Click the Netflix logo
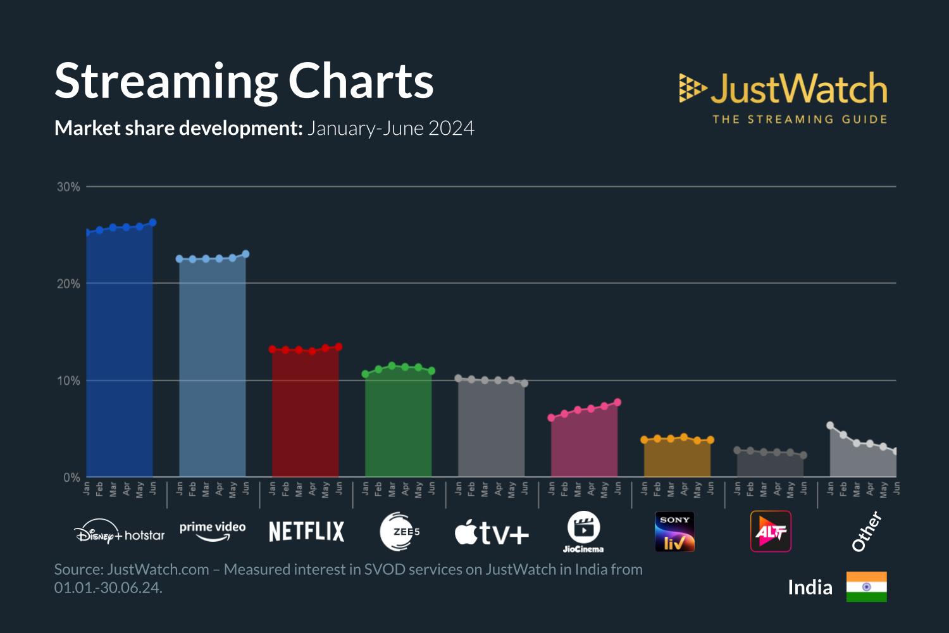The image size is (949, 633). point(307,532)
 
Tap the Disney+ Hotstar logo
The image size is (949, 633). point(120,532)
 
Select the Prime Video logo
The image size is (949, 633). point(213,530)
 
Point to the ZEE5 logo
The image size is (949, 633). point(399,532)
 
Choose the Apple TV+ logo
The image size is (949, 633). point(492,533)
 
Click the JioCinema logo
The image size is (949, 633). point(583,532)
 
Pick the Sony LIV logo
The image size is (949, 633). point(674,532)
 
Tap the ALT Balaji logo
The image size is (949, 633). point(771,532)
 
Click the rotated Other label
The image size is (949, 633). point(866,531)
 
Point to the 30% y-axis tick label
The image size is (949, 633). point(68,187)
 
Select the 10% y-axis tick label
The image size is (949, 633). point(68,380)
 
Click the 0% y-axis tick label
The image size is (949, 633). point(71,477)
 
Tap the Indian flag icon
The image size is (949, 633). point(866,587)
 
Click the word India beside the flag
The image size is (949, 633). point(810,587)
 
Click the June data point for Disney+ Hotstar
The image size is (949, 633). point(152,223)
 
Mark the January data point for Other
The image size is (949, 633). point(830,425)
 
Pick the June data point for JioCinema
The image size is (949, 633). point(617,403)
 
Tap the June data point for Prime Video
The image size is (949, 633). point(245,254)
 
